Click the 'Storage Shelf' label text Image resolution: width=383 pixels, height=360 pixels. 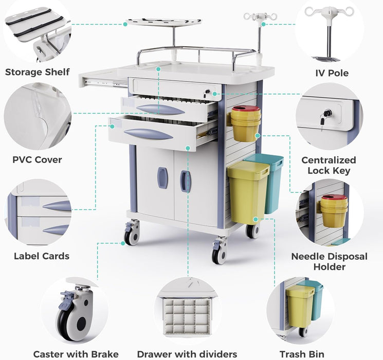point(37,72)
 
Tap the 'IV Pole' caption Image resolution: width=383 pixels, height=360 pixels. point(332,73)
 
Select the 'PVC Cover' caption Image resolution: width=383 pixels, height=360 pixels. point(37,159)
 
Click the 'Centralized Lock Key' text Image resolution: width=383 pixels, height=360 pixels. point(329,166)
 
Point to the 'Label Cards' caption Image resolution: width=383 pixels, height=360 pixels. point(42,256)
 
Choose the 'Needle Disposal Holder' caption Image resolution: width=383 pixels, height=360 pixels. point(329,261)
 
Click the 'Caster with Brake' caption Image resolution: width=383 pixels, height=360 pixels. point(76,354)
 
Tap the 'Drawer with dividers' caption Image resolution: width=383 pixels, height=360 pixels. point(187,354)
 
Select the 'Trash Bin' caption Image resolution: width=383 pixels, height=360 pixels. point(302,354)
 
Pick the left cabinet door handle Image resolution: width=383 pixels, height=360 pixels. point(162,177)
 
